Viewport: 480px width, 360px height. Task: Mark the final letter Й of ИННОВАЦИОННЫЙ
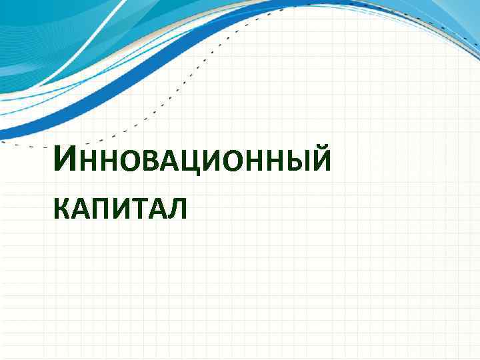pyautogui.click(x=318, y=162)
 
